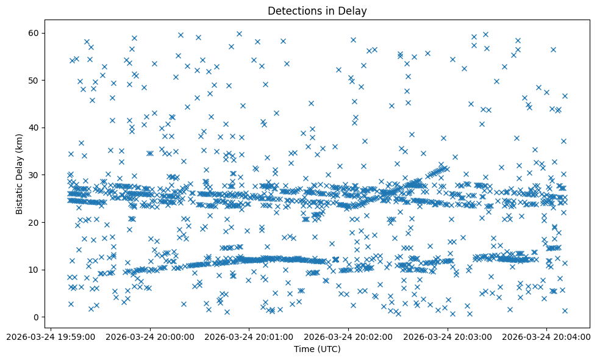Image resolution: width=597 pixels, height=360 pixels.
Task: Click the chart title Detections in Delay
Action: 317,11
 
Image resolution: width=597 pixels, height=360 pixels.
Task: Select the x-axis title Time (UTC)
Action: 317,349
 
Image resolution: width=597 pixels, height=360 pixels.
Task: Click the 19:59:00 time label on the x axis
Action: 51,336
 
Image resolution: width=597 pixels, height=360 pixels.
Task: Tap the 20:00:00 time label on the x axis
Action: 150,336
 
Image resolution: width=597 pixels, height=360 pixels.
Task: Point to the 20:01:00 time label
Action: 249,336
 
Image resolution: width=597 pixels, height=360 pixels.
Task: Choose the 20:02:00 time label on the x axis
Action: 349,336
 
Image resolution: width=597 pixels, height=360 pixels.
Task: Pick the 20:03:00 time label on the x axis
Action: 448,336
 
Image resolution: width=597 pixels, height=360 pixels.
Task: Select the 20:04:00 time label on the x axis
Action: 547,336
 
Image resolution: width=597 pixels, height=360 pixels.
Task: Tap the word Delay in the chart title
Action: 354,11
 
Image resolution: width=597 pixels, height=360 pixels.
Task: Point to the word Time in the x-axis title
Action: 303,349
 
